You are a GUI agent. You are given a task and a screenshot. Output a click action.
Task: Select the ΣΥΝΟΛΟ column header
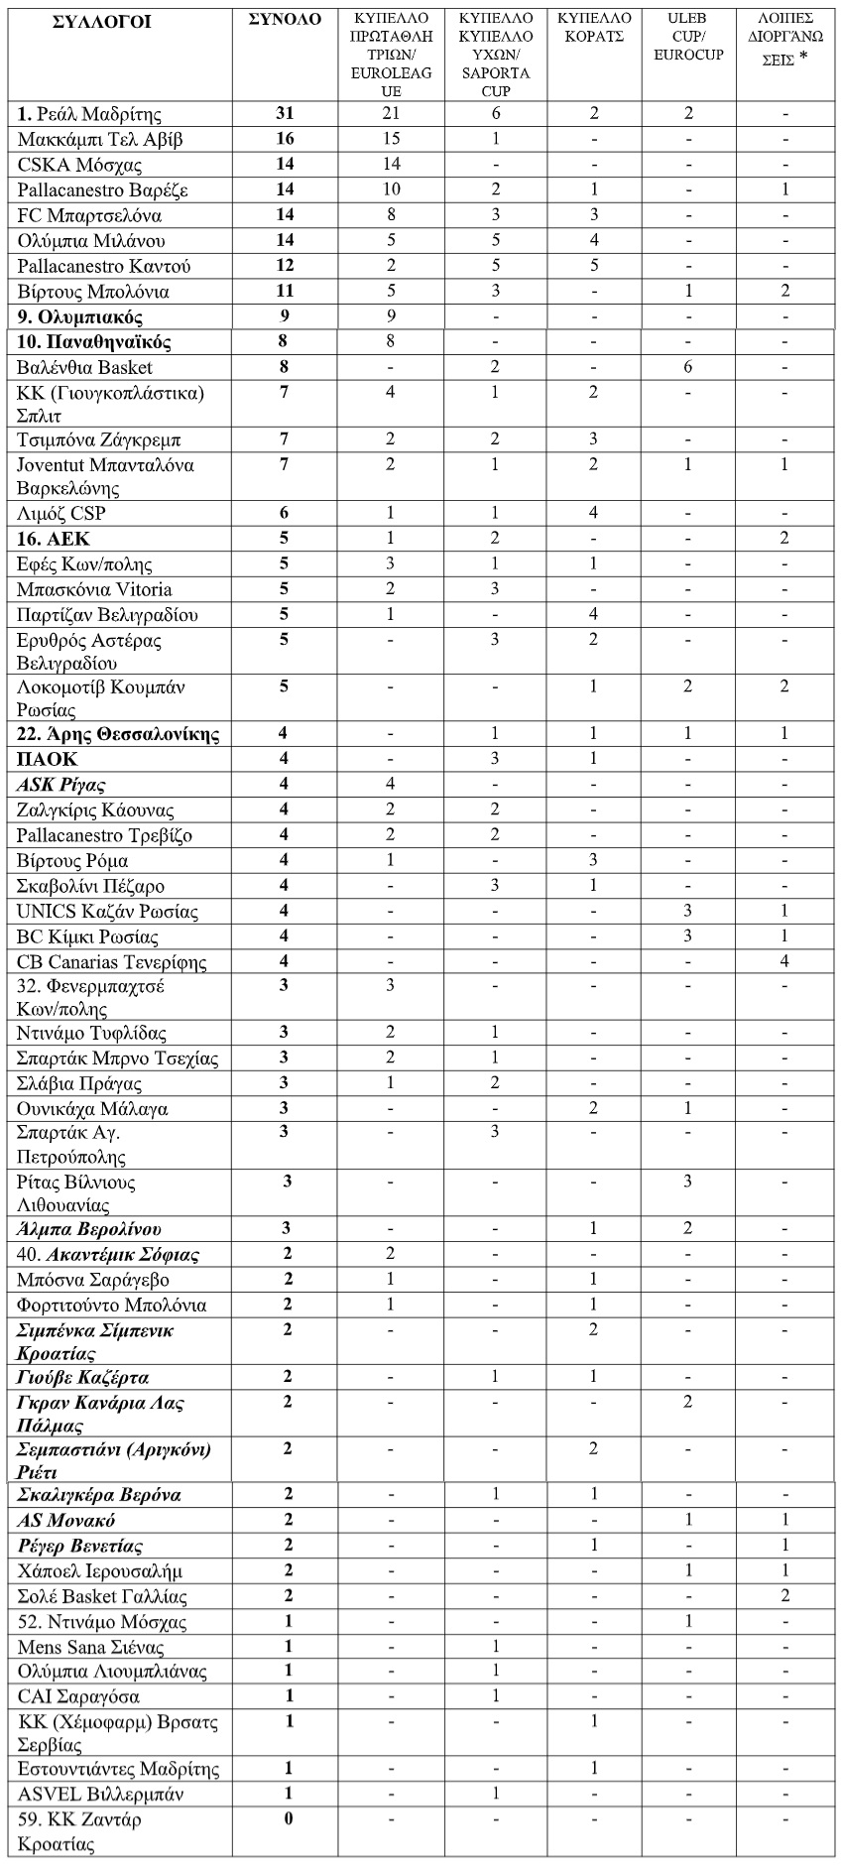[x=284, y=21]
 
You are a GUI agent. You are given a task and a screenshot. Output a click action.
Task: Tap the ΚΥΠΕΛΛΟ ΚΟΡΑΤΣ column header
[x=591, y=28]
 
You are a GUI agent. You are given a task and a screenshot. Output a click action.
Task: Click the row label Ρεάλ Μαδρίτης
[x=90, y=114]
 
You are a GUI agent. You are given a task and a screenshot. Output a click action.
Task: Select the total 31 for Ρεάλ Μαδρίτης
[x=284, y=114]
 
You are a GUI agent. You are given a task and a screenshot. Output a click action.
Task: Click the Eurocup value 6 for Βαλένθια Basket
[x=687, y=368]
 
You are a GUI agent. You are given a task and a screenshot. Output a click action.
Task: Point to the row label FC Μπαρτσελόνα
[x=90, y=215]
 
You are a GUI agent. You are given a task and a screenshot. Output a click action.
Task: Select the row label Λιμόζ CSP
[x=61, y=513]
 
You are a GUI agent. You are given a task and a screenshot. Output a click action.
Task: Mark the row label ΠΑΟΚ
[x=47, y=760]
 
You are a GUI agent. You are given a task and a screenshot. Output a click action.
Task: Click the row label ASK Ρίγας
[x=61, y=785]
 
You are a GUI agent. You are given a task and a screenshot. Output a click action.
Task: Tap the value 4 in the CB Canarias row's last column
[x=784, y=961]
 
